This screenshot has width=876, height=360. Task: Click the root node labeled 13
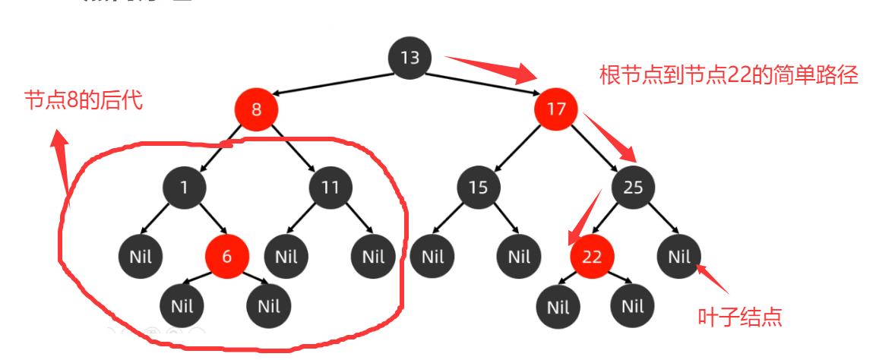410,58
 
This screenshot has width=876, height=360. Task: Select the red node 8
256,109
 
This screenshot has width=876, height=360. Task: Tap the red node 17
556,109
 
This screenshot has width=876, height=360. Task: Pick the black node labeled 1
185,187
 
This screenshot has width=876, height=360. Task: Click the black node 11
330,187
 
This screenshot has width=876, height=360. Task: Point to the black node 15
478,187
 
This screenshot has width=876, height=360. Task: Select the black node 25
633,187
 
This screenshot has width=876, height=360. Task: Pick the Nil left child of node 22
558,307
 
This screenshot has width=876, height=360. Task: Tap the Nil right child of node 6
269,307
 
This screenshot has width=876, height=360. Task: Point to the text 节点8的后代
84,100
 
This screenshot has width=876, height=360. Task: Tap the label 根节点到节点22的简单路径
729,75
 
